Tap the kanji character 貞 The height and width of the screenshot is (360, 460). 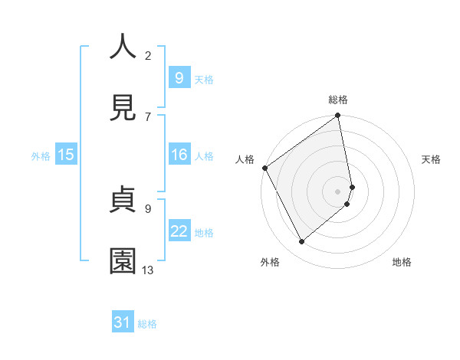123,200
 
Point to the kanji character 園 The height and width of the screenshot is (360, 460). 123,261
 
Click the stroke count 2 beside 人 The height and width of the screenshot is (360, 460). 148,55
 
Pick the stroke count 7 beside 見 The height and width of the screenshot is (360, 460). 148,116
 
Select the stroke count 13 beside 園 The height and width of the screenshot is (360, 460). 148,270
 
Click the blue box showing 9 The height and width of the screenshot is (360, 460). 179,77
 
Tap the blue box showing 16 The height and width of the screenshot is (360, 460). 179,155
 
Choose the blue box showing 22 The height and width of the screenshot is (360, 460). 179,231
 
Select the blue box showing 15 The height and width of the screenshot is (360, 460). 66,155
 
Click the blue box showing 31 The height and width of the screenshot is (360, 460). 123,322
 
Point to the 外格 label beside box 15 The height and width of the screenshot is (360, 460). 41,155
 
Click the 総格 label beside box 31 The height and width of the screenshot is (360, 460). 147,324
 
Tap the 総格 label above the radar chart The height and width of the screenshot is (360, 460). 338,100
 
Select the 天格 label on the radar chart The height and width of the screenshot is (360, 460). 431,159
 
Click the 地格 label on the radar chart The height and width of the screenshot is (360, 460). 402,262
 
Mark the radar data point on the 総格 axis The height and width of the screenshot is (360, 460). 338,116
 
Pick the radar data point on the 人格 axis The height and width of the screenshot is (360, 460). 264,168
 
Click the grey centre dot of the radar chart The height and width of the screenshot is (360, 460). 338,191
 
